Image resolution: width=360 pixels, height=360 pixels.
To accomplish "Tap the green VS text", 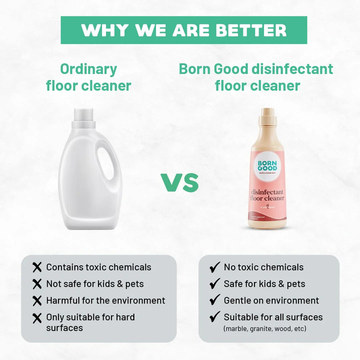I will [x=180, y=183].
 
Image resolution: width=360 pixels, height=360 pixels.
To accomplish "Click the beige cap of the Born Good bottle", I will [x=267, y=116].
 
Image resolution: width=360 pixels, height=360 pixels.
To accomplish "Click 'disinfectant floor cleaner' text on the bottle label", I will [x=267, y=195].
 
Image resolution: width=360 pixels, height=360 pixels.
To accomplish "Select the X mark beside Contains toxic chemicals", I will [x=37, y=267].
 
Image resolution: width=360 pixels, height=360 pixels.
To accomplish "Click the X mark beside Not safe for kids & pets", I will [x=37, y=284].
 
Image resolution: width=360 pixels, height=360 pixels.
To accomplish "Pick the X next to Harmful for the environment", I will [x=37, y=300].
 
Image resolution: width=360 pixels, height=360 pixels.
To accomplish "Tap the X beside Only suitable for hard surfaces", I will [x=37, y=318].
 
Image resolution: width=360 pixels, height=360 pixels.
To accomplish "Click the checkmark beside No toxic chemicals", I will [x=215, y=267].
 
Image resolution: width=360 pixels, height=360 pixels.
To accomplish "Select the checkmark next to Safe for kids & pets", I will [x=215, y=284].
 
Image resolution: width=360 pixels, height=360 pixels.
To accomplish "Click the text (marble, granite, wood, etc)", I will [x=265, y=328].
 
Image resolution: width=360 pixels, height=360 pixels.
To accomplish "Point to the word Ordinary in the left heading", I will [x=89, y=69].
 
